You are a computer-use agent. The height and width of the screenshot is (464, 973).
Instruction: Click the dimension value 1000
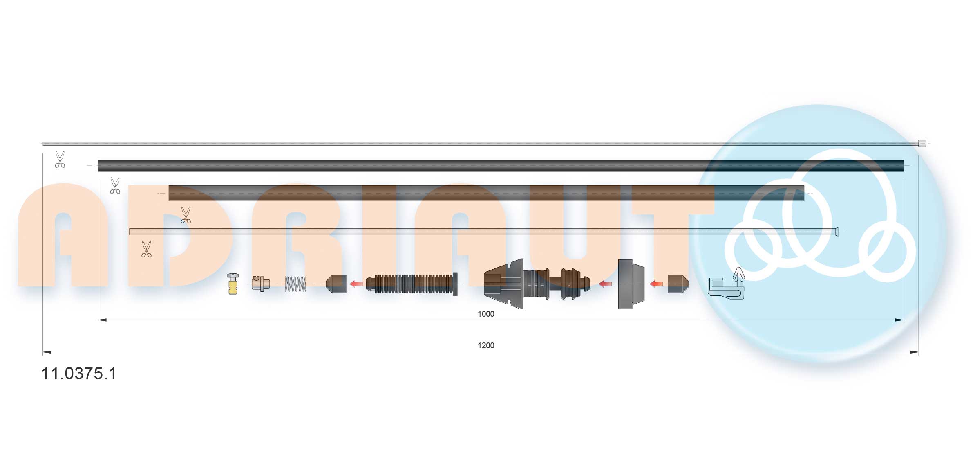[485, 314]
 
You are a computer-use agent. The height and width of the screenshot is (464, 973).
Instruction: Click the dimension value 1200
[485, 345]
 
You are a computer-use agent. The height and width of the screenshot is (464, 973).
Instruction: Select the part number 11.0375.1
[79, 374]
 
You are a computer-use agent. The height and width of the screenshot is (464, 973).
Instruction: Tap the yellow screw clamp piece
[233, 284]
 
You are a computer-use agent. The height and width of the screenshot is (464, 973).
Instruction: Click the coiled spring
[295, 284]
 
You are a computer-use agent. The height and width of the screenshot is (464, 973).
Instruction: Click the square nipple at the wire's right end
[922, 144]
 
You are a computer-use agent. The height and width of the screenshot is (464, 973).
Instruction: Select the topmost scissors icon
[60, 159]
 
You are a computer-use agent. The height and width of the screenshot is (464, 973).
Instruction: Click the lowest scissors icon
[146, 249]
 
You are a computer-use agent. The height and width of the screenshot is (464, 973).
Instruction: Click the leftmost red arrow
[357, 284]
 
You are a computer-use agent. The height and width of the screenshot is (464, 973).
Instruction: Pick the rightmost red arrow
[656, 284]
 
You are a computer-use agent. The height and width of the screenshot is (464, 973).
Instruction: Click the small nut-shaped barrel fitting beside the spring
[260, 284]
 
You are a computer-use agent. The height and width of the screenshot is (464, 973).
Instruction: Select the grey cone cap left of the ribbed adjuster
[337, 284]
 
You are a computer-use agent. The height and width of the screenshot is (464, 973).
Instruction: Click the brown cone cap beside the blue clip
[678, 284]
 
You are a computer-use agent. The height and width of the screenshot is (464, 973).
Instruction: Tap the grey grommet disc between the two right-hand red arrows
[631, 284]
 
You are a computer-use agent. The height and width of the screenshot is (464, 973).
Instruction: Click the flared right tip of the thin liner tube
[836, 232]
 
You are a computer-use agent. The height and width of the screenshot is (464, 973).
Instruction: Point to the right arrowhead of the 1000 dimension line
[899, 320]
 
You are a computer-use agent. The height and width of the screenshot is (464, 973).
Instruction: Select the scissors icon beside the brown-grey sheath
[115, 185]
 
